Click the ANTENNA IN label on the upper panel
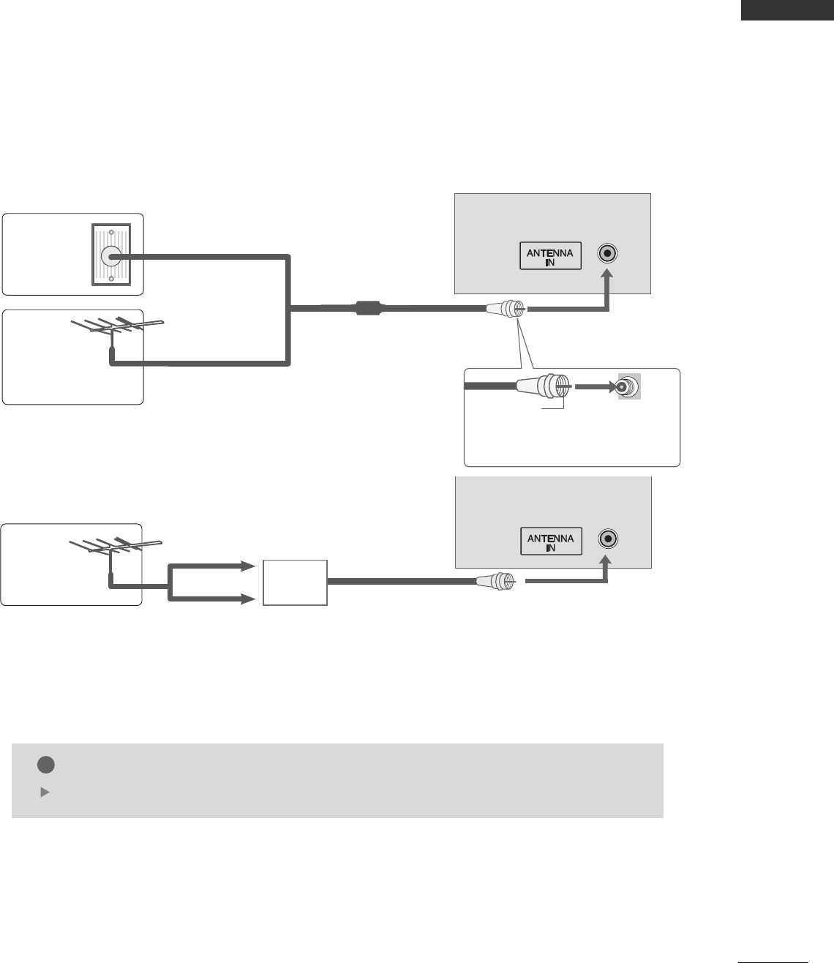550,255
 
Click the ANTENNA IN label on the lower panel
550,542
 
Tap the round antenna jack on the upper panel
607,254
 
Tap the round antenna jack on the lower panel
607,539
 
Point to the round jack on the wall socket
111,256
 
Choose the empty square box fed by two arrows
295,582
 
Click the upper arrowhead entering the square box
247,566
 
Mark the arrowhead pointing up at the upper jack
607,276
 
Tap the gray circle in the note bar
45,764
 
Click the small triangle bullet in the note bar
43,792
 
